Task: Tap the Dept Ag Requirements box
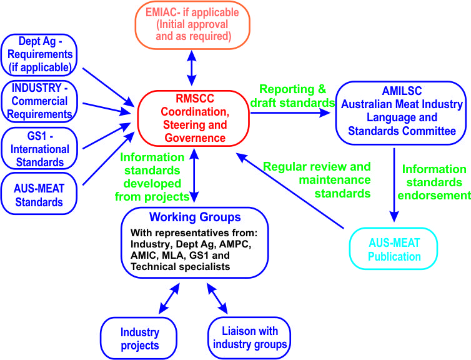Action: click(x=39, y=54)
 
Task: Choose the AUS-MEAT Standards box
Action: click(x=39, y=193)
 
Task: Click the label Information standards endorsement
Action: click(x=434, y=182)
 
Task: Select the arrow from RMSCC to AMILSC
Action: click(x=290, y=113)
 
